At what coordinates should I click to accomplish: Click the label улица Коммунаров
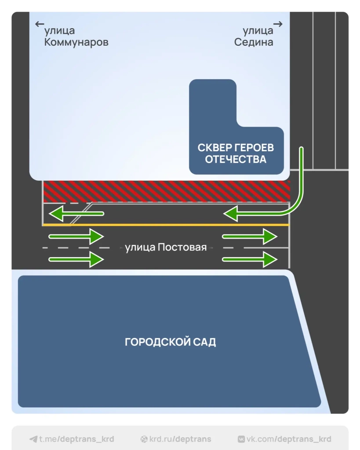(76, 36)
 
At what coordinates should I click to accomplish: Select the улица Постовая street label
(166, 247)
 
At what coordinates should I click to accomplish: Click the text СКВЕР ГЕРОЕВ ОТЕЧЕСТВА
(236, 153)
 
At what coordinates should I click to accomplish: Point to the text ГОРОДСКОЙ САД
(171, 342)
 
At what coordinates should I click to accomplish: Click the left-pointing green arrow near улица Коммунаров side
(76, 214)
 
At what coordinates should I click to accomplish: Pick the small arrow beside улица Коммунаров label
(40, 24)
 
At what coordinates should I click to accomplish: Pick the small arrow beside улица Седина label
(278, 24)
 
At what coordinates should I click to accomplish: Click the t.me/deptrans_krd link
(76, 439)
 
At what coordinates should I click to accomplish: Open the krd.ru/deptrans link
(180, 439)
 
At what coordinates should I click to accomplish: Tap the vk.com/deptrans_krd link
(288, 439)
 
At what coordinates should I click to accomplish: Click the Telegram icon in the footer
(33, 439)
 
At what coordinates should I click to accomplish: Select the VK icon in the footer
(241, 439)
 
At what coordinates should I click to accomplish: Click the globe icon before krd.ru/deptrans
(144, 439)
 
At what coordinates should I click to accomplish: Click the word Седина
(254, 42)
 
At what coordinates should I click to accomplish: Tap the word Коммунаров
(76, 42)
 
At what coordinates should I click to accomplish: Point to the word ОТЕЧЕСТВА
(236, 159)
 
